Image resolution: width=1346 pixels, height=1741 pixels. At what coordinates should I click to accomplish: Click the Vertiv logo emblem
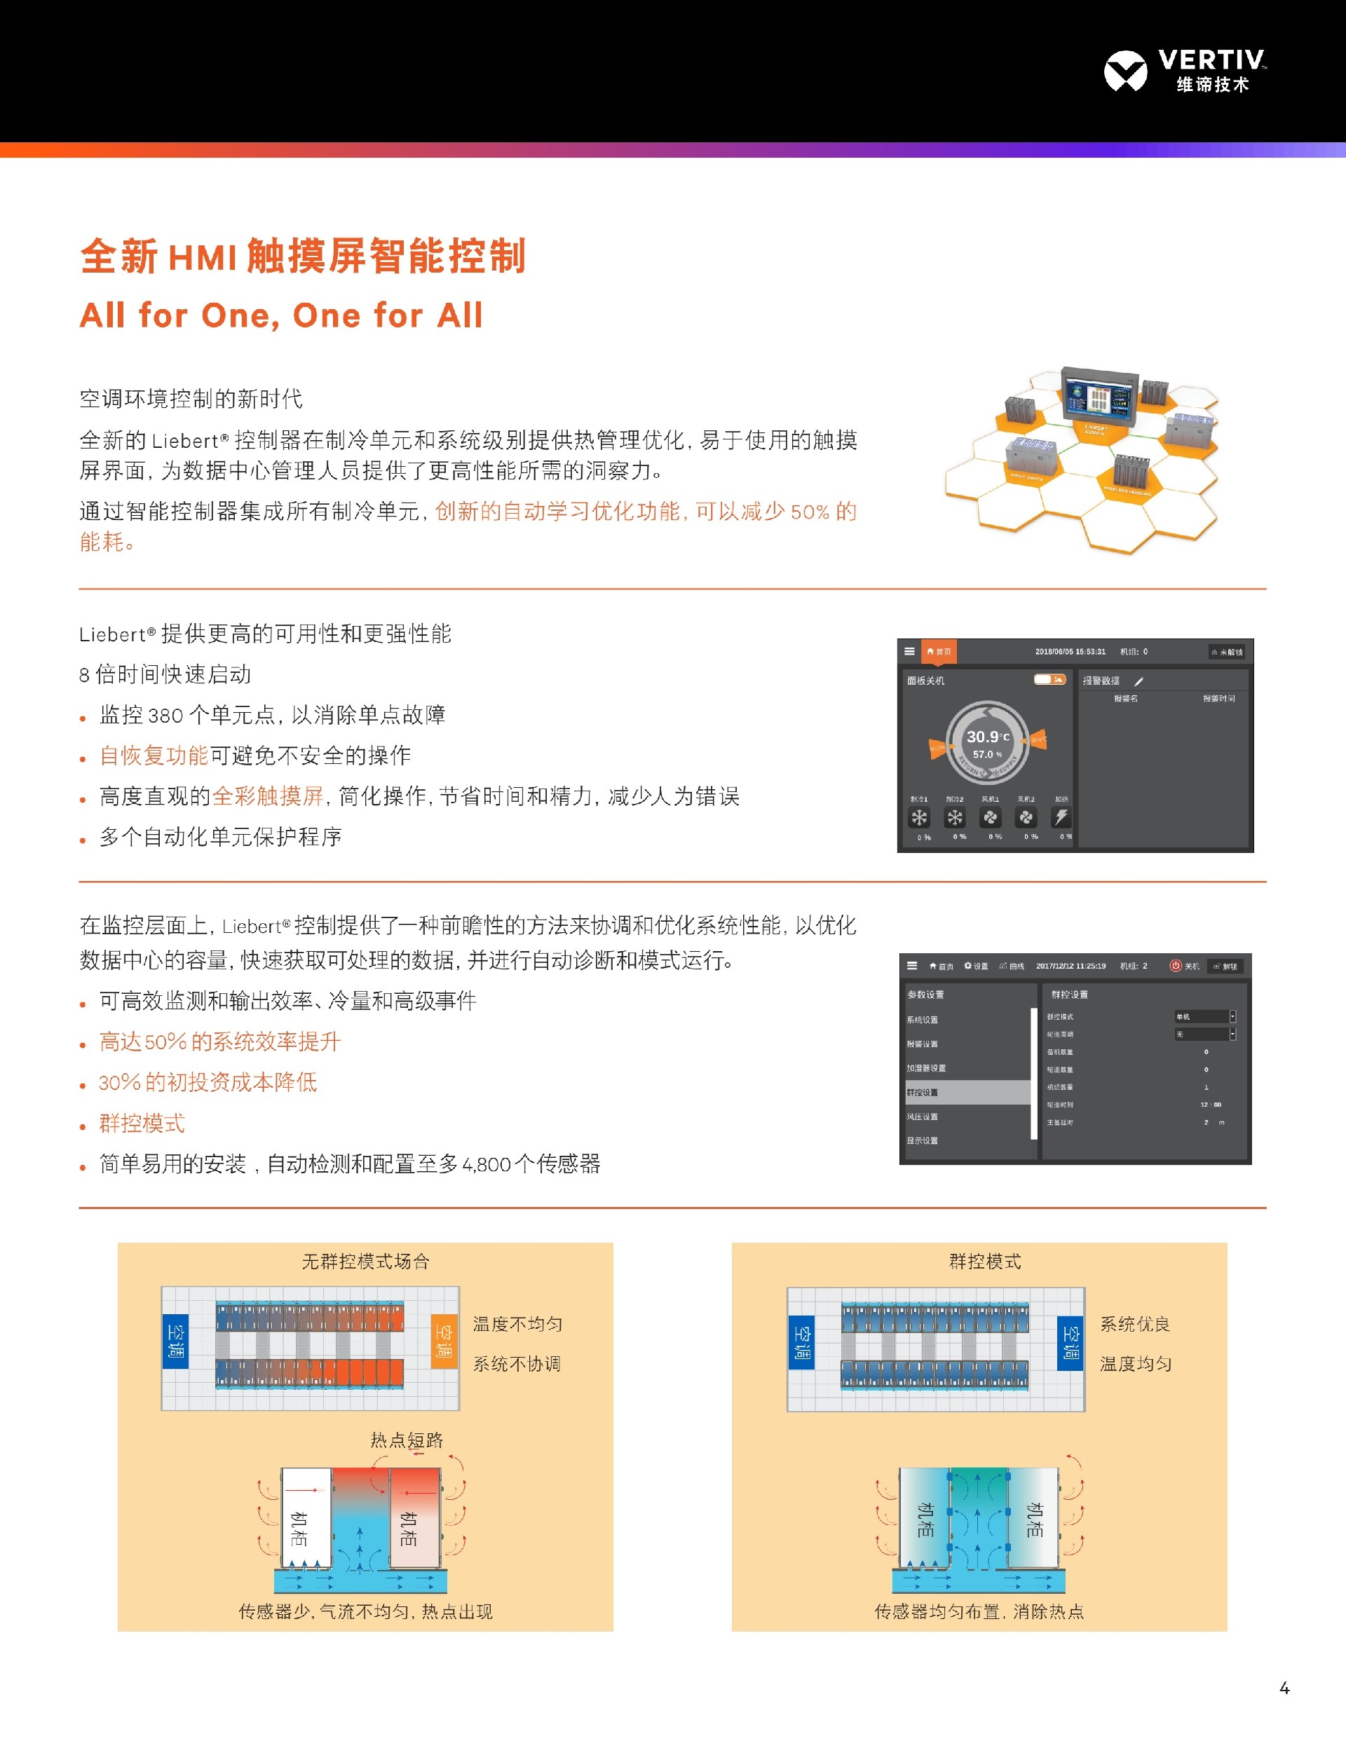[x=1125, y=71]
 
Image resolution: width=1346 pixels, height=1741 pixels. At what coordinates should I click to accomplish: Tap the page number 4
[x=1284, y=1688]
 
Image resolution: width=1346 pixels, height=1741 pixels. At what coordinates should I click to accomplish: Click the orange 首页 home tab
[x=939, y=651]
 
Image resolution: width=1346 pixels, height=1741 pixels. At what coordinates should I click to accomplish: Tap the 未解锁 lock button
[x=1228, y=652]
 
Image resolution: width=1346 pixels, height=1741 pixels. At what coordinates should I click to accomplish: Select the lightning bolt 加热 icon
[x=1061, y=817]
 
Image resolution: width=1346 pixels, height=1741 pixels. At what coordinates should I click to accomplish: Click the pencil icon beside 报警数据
[x=1138, y=681]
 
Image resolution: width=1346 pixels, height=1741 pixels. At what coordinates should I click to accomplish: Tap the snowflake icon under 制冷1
[x=919, y=817]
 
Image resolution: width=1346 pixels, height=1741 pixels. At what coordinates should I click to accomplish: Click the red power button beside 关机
[x=1174, y=965]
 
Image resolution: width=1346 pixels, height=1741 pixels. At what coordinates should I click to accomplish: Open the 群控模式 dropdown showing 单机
[x=1205, y=1016]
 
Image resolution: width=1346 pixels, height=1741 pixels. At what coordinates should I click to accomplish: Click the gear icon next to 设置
[x=968, y=965]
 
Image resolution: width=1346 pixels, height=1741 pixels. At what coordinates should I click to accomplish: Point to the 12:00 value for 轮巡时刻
[x=1211, y=1105]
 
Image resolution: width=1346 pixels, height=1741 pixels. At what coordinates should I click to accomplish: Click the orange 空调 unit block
[x=444, y=1341]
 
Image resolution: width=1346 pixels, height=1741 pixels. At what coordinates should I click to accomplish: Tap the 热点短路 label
[x=407, y=1440]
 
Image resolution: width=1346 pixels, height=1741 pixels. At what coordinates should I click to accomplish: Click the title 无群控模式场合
[x=365, y=1261]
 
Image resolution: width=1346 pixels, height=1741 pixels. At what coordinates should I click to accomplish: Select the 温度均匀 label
[x=1136, y=1364]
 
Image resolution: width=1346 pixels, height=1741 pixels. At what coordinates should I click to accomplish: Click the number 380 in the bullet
[x=165, y=715]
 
